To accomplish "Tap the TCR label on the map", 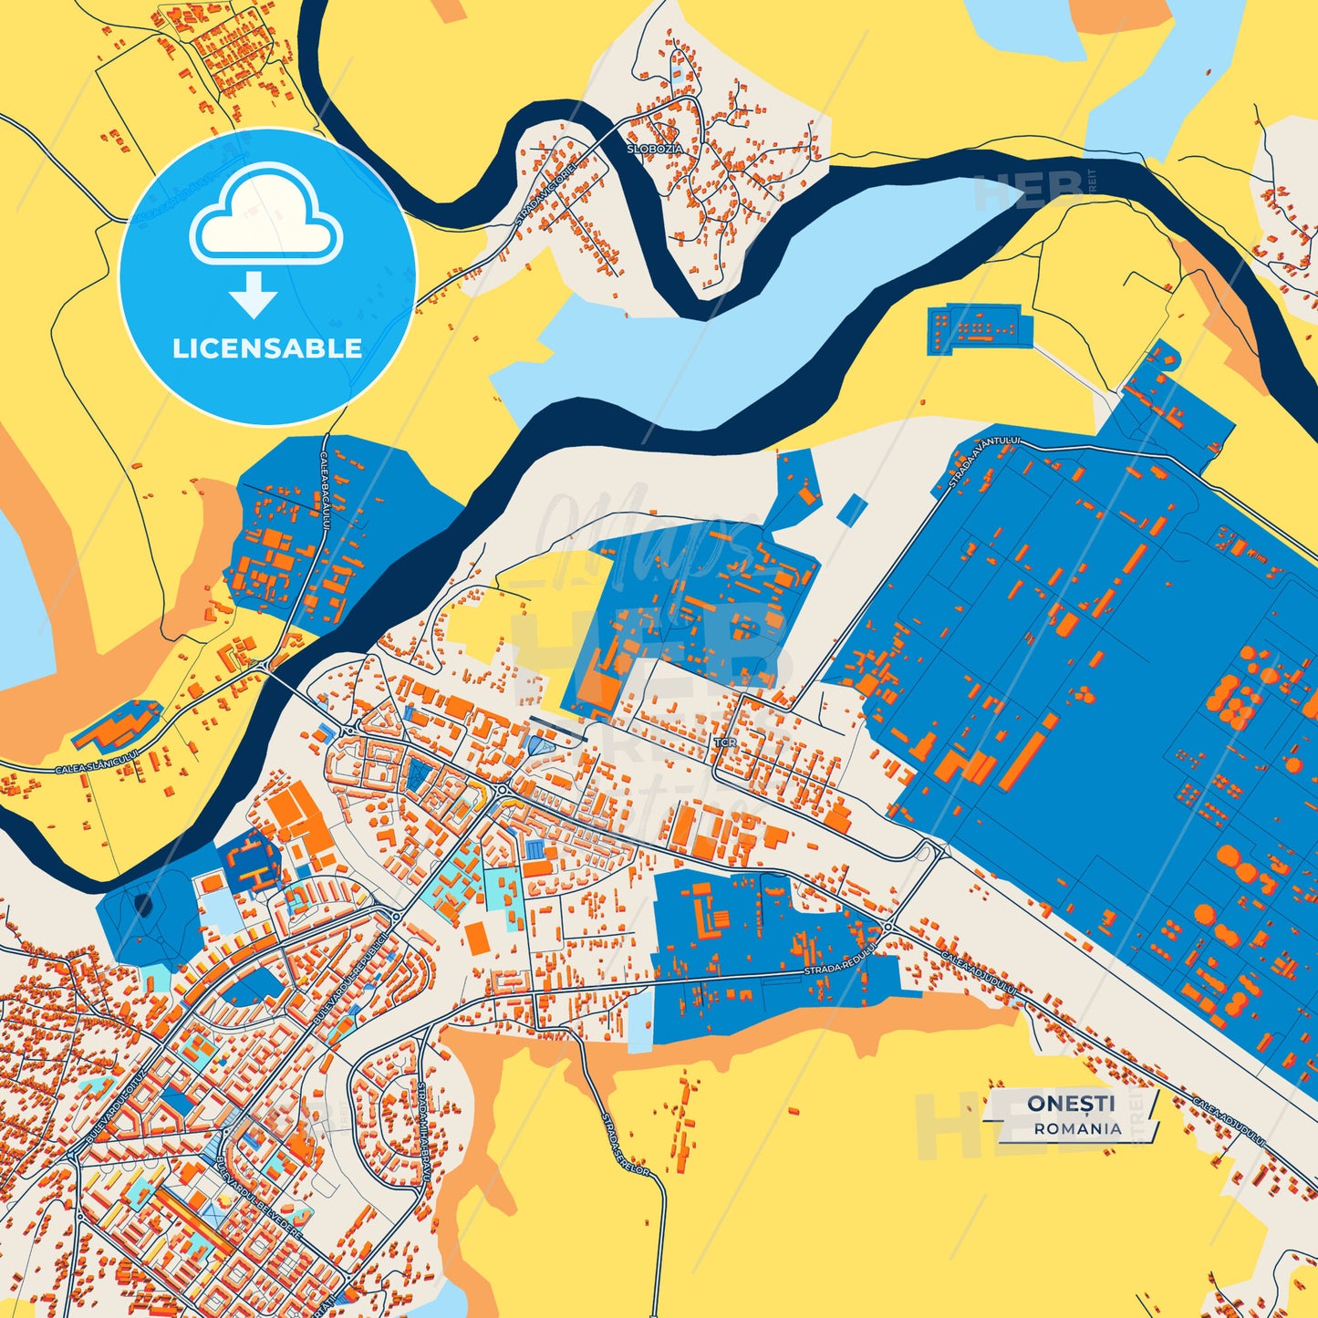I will point(726,742).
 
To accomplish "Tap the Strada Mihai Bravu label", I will point(422,1131).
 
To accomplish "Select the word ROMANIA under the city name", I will point(1077,1128).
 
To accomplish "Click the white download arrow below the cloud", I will point(254,294).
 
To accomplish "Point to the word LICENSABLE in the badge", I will point(267,348).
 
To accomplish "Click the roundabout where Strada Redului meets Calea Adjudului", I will point(888,927).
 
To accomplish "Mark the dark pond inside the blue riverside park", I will point(143,905).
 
